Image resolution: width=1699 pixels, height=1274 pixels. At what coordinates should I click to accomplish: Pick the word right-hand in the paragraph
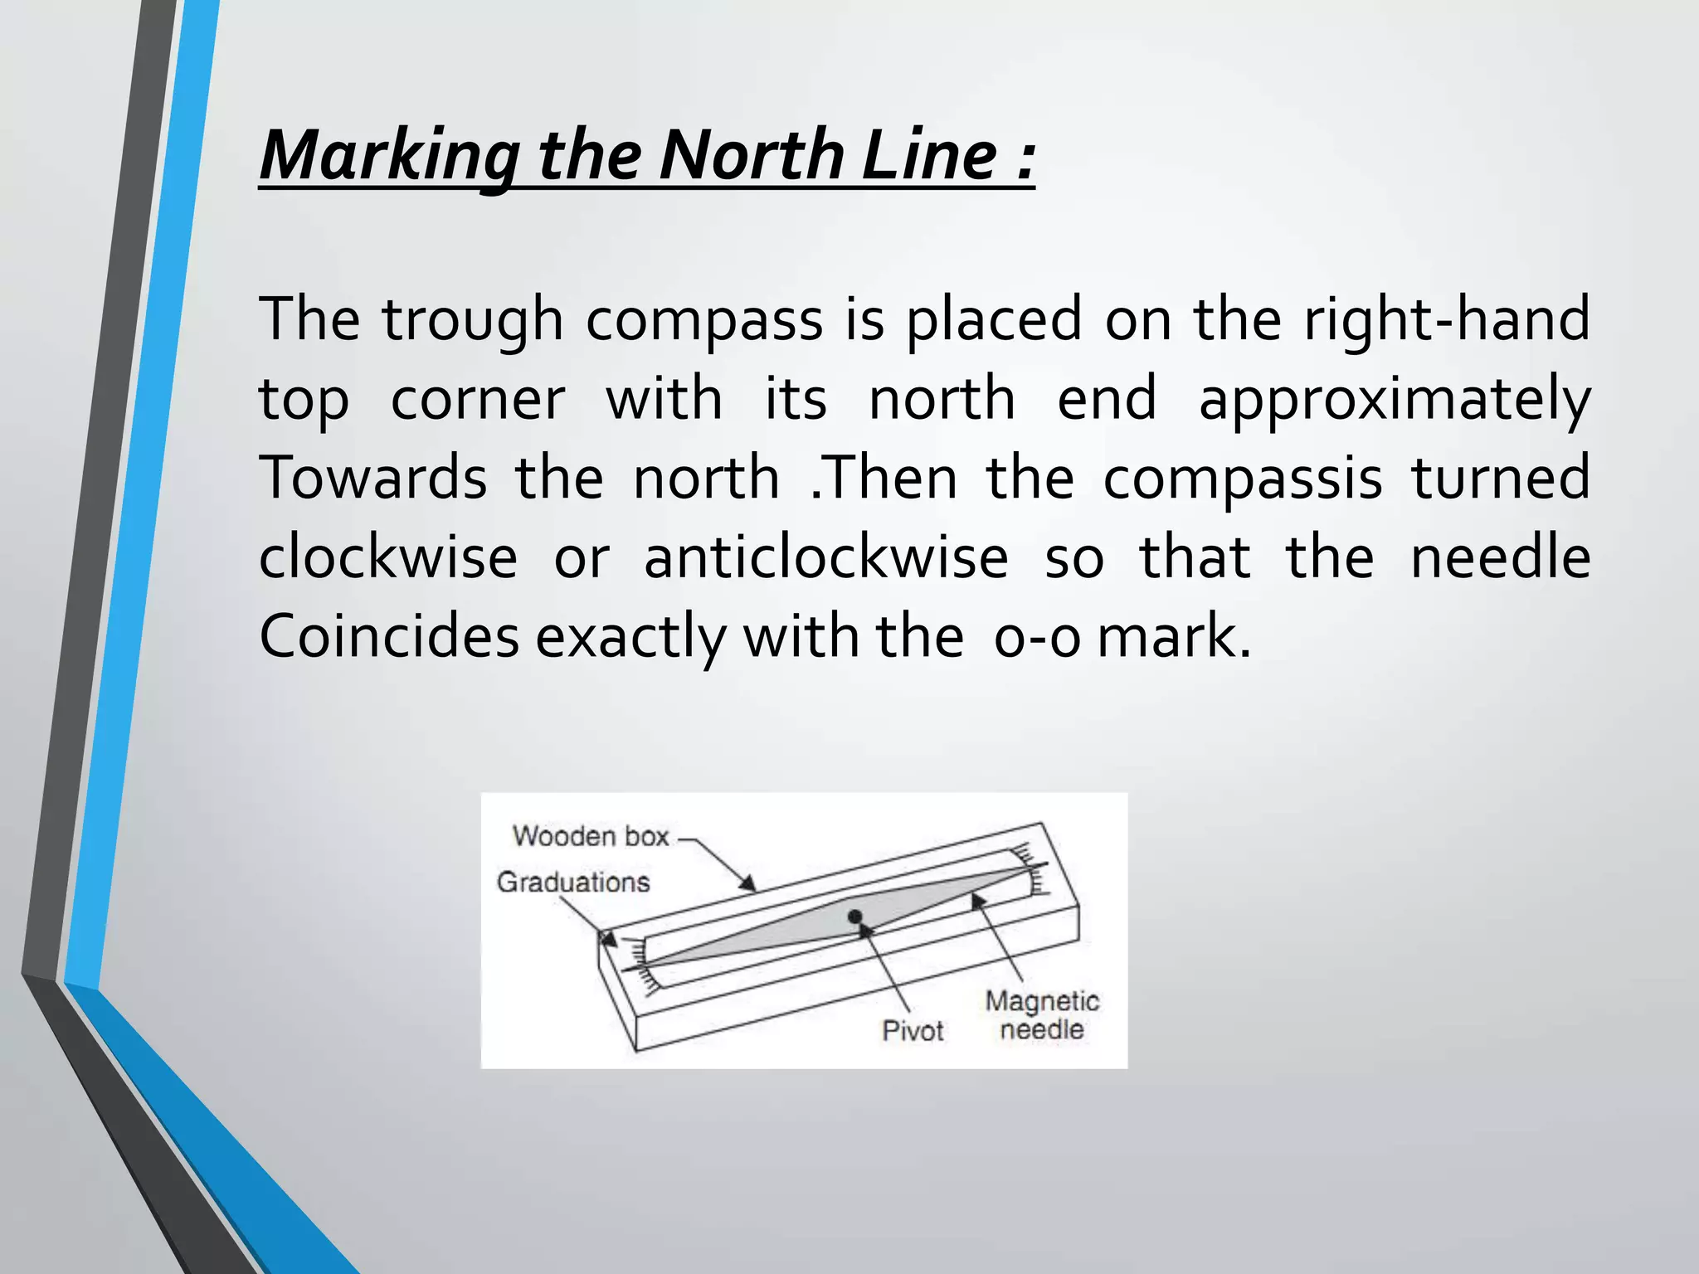(x=1447, y=319)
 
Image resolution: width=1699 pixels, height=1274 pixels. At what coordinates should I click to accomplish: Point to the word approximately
(x=1395, y=400)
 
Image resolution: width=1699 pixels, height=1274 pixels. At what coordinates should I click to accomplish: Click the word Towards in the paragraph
(x=373, y=478)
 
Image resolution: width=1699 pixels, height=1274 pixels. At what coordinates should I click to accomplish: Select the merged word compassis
(x=1243, y=479)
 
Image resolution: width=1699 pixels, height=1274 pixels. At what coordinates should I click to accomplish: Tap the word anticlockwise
(x=826, y=557)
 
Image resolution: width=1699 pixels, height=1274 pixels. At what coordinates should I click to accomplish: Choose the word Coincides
(x=389, y=637)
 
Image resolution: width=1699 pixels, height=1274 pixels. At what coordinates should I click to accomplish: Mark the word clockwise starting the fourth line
(x=388, y=557)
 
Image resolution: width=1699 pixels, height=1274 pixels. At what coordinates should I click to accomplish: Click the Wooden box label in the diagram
(x=591, y=836)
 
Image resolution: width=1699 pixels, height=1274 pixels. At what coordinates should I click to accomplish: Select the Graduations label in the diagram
(x=573, y=882)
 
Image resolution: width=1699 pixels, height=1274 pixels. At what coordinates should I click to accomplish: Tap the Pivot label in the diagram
(x=913, y=1031)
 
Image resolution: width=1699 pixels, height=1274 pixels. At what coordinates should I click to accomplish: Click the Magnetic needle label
(x=1042, y=1015)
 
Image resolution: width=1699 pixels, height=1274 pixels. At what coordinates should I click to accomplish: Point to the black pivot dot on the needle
(x=855, y=917)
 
